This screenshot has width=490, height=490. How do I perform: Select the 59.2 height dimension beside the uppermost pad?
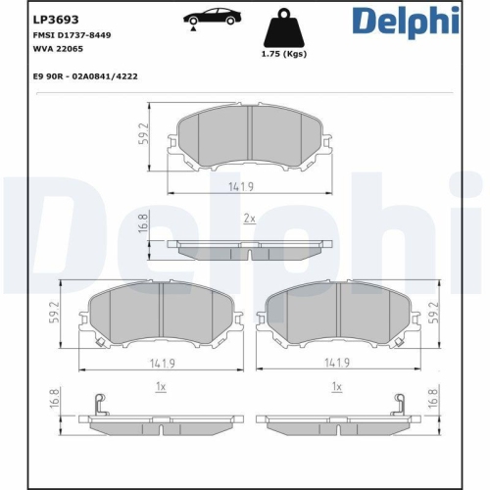tap(143, 134)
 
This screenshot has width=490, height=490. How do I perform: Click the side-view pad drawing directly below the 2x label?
tap(250, 251)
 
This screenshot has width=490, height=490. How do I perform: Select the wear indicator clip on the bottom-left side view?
tap(97, 404)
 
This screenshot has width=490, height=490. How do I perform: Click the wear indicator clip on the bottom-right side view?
tap(399, 404)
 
